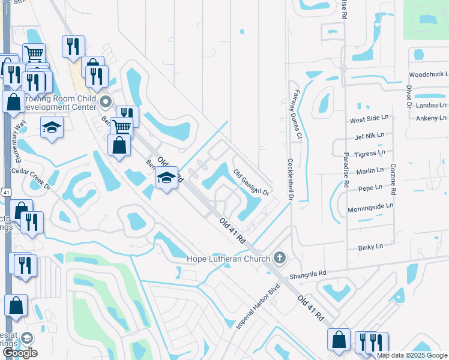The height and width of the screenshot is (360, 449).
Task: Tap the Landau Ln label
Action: (x=432, y=104)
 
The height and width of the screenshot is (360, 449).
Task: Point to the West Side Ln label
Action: (x=366, y=121)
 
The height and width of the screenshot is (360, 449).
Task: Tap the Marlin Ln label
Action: (x=369, y=170)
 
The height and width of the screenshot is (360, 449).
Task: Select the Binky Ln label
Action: (x=371, y=247)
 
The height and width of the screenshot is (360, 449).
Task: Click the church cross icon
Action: (x=279, y=258)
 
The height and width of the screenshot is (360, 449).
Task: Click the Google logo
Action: (x=20, y=353)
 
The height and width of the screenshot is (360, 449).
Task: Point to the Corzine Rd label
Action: (x=394, y=179)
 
